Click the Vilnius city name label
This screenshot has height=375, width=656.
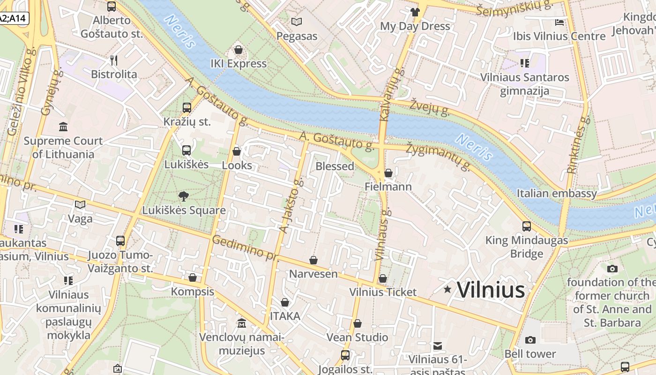(491, 290)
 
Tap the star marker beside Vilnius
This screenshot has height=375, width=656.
(447, 289)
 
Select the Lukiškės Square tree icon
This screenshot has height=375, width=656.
(184, 196)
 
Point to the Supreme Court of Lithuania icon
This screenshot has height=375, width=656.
(63, 127)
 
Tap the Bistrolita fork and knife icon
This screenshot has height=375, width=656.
(113, 60)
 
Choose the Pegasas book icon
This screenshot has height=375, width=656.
(297, 22)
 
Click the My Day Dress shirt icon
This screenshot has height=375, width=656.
(415, 12)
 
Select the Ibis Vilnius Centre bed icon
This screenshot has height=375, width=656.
(559, 22)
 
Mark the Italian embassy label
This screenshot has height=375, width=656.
(557, 193)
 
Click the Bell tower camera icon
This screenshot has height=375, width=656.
(530, 340)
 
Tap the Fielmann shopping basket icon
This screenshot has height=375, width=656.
(388, 173)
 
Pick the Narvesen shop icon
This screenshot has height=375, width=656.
(313, 260)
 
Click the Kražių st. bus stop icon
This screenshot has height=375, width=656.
(186, 108)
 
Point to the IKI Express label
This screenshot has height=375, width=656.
(239, 64)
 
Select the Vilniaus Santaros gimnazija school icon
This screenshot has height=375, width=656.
(524, 63)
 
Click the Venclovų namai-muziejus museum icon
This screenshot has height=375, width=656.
(241, 323)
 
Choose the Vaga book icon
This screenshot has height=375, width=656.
(80, 204)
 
